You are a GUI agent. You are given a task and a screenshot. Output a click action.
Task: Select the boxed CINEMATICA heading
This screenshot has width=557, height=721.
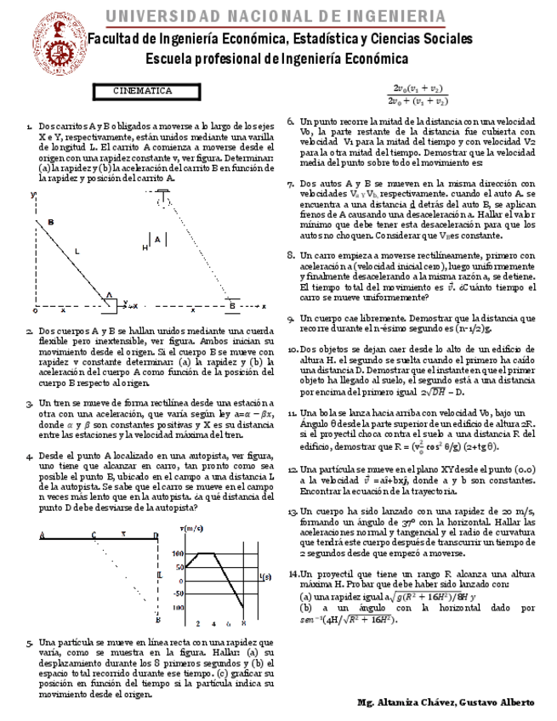point(143,91)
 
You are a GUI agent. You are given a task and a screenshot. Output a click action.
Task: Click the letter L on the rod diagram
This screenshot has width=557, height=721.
point(77,251)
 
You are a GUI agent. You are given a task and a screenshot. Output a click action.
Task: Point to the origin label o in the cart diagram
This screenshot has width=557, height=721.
point(35,310)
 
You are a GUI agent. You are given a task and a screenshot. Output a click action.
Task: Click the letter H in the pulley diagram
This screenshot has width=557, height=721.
point(145,247)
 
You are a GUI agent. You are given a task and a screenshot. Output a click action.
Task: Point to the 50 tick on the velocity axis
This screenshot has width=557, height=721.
point(179,568)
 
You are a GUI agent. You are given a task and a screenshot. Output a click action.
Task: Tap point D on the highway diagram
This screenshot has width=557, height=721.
point(155,535)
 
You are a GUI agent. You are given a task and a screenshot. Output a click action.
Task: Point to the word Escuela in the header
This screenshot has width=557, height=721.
point(170,58)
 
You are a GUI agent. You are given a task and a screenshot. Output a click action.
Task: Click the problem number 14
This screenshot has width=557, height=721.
point(294,575)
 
